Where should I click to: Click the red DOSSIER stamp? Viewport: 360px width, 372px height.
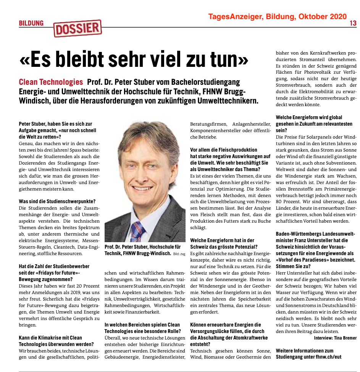pos(78,28)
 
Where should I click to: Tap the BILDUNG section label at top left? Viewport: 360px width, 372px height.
pos(31,24)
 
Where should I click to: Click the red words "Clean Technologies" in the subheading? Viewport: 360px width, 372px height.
pos(51,82)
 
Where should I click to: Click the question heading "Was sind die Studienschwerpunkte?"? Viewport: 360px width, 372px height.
pos(57,201)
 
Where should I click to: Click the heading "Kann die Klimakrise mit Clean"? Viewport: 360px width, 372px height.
pos(50,338)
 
